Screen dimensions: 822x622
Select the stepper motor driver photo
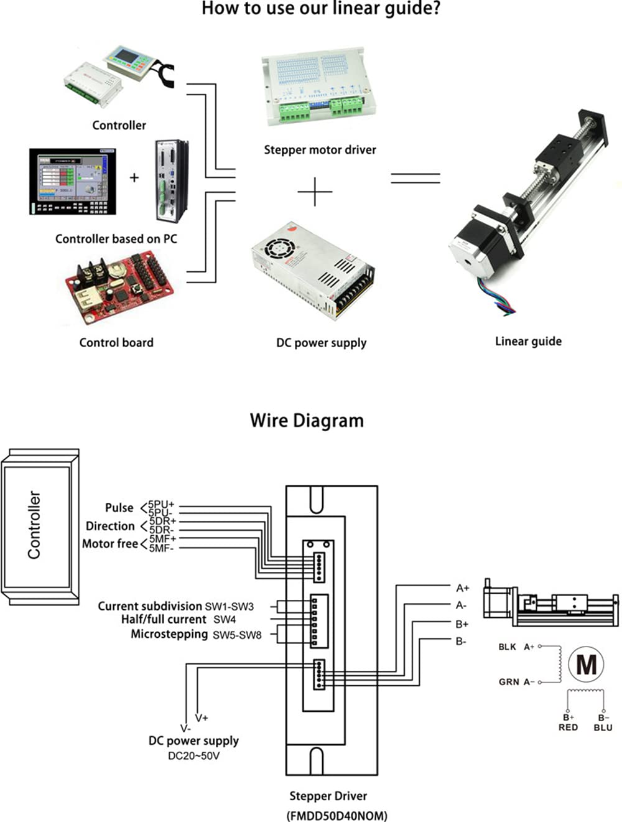coord(318,86)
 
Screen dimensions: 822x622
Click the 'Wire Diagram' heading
coord(307,421)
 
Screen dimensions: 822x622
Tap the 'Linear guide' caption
coord(528,341)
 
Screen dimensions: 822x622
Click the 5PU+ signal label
coord(162,505)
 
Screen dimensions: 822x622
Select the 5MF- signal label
coord(162,548)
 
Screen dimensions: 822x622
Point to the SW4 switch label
coord(225,620)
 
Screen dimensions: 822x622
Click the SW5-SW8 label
coord(237,635)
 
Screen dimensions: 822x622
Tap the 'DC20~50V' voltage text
coord(193,756)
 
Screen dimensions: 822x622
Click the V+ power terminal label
coord(202,717)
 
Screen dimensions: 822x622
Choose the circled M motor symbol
coord(586,664)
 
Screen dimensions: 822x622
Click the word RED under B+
coord(568,727)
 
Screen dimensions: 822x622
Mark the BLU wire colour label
coord(603,727)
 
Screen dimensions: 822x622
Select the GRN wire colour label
coord(509,682)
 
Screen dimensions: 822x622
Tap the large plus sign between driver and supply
coord(315,192)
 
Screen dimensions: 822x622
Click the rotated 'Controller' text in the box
coord(34,525)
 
